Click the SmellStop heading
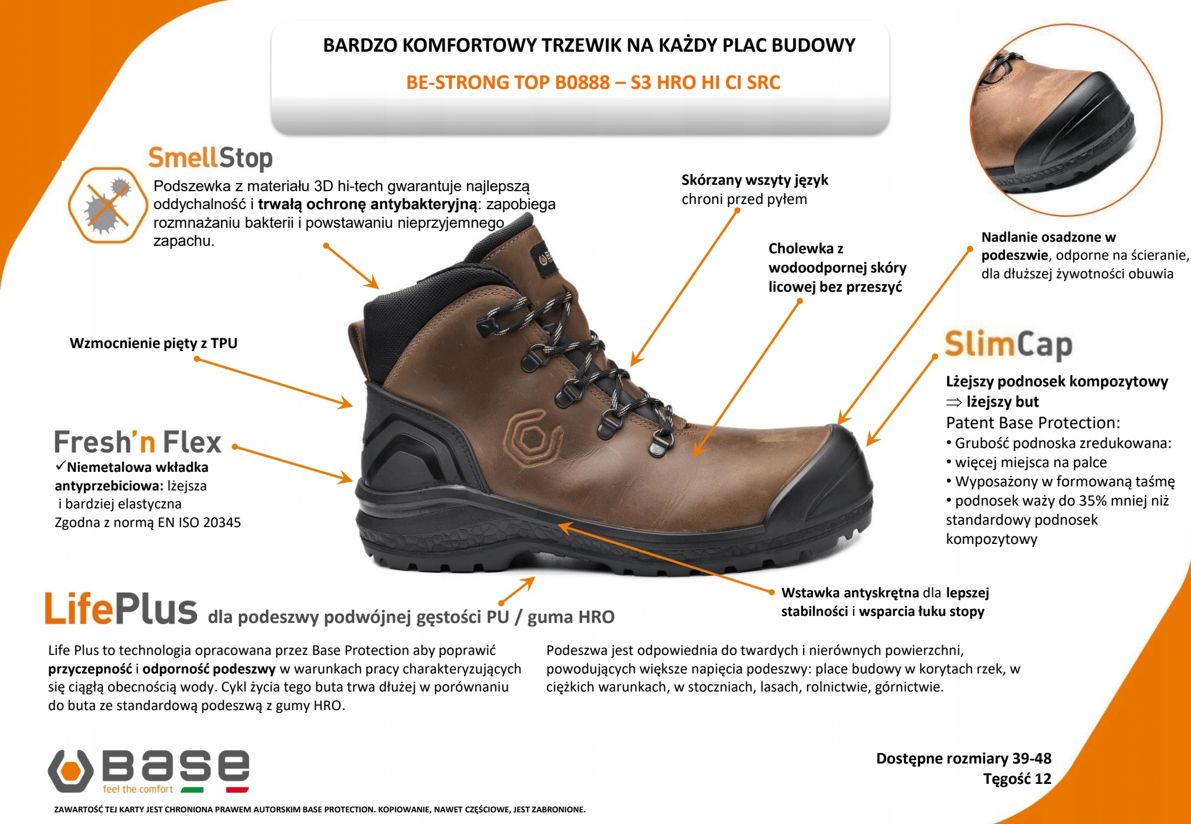(x=210, y=158)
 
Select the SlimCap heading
(x=1008, y=345)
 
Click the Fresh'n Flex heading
(x=138, y=442)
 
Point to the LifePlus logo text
(x=121, y=610)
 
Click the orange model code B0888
(x=582, y=83)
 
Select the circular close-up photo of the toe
(x=1065, y=120)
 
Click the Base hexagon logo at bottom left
(x=70, y=771)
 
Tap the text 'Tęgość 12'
(x=1017, y=779)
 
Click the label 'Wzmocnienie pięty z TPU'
(x=154, y=343)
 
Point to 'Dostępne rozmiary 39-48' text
(x=964, y=758)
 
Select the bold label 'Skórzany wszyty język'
(x=754, y=180)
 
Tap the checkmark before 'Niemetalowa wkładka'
(x=60, y=467)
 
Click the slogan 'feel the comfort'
(x=138, y=789)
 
